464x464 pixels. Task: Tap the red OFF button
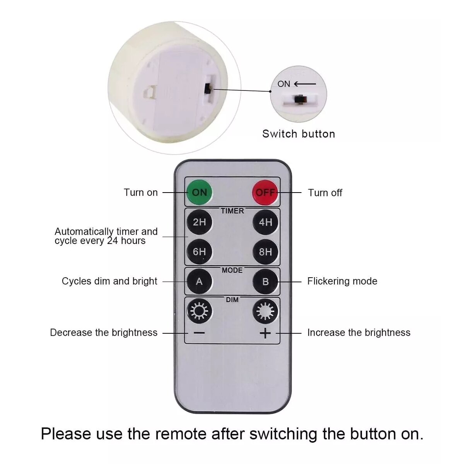coord(265,193)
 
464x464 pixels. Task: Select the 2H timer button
coord(200,222)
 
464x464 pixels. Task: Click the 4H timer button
coord(265,222)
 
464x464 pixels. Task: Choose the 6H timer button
coord(200,252)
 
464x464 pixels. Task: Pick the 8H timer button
coord(265,252)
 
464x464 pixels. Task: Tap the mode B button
coord(265,281)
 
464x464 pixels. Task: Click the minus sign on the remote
coord(199,333)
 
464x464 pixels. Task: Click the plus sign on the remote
coord(265,333)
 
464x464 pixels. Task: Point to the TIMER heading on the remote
coord(232,211)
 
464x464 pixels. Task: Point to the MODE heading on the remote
coord(232,270)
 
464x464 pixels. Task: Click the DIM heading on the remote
coord(232,300)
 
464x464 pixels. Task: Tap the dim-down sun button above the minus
coord(200,311)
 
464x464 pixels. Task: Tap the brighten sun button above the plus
coord(265,311)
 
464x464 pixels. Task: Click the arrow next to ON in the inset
coord(305,84)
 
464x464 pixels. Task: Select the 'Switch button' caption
coord(299,134)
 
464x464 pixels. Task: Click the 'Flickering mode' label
coord(342,281)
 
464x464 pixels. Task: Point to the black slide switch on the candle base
coord(208,89)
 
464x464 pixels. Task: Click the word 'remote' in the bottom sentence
coord(181,434)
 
